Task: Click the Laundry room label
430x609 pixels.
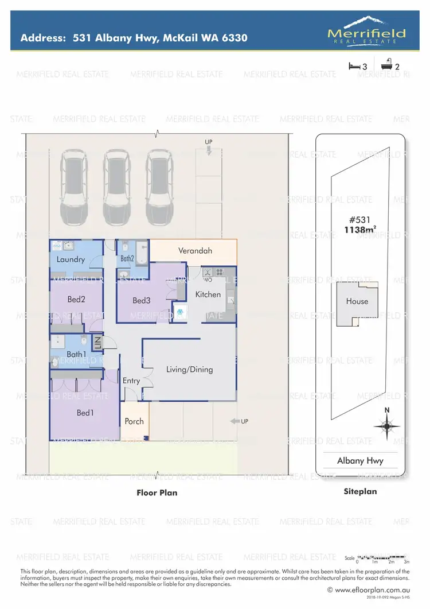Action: coord(71,259)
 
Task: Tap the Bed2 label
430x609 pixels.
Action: coord(76,299)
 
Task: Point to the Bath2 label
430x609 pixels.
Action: coord(127,259)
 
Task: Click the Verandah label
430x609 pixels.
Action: coord(195,251)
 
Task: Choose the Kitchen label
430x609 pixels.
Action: coord(208,294)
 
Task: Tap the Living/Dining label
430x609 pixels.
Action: coord(189,370)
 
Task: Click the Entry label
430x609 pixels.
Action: coord(131,381)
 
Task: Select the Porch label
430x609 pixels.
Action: coord(134,421)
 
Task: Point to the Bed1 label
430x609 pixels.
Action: coord(85,412)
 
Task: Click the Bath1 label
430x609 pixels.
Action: coord(76,355)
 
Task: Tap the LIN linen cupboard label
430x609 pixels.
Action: coord(97,343)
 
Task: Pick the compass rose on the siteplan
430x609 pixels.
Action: coord(387,425)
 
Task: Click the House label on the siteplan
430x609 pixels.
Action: coord(357,301)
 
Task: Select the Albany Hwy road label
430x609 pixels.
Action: coord(360,460)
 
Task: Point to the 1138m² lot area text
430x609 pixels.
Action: coord(360,230)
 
